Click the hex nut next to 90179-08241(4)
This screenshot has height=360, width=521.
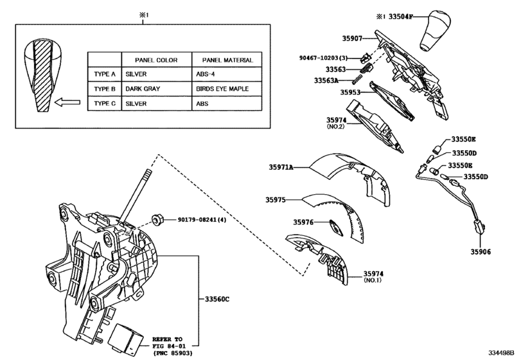pyautogui.click(x=156, y=220)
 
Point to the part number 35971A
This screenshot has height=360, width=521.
pyautogui.click(x=281, y=167)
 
